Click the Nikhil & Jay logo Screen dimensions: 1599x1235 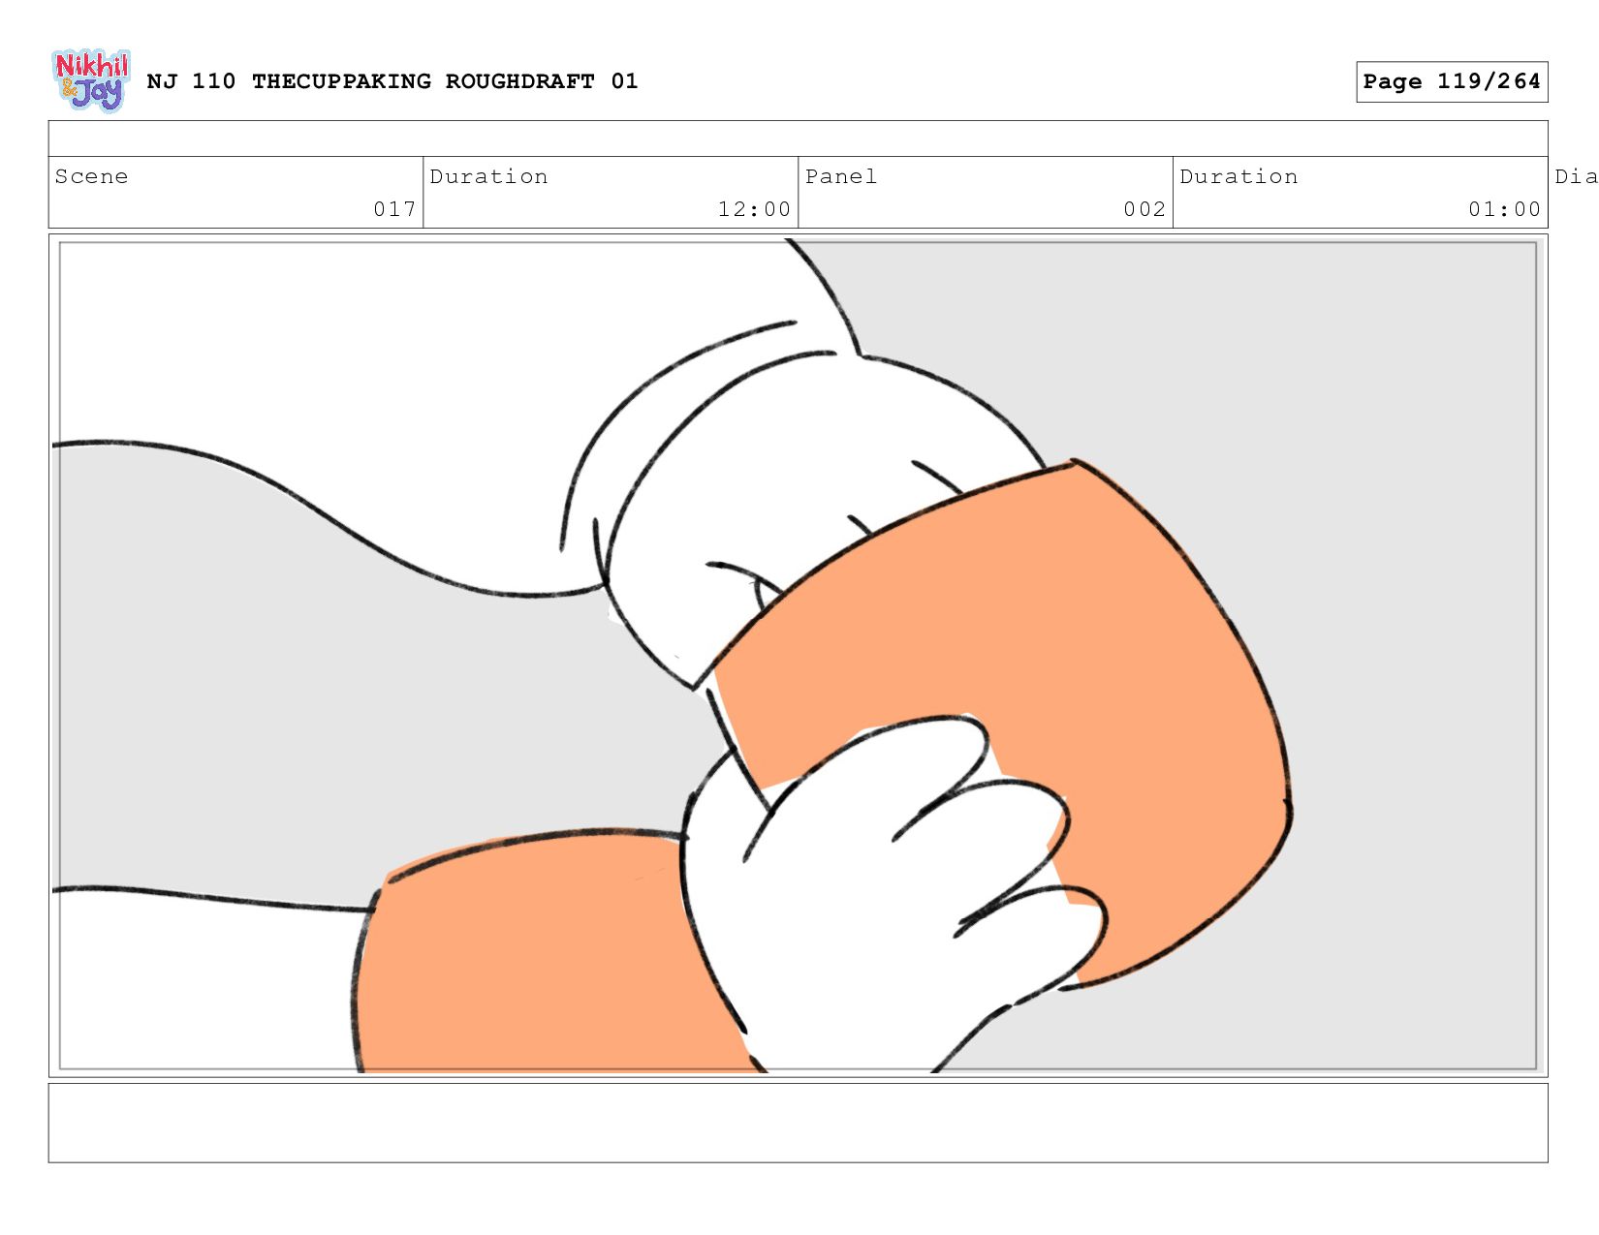91,80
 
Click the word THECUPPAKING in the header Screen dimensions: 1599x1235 341,81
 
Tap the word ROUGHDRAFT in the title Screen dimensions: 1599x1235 519,81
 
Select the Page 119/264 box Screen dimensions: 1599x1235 1451,81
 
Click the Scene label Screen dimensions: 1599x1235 91,176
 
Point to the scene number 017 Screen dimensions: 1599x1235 394,209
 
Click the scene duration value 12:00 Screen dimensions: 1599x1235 754,209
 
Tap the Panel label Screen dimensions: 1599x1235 840,176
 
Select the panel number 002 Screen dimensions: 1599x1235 1144,209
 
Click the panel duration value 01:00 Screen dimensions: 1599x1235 1504,209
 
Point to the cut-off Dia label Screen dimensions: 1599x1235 1576,176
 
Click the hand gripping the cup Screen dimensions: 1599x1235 883,882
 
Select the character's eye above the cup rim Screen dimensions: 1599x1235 766,593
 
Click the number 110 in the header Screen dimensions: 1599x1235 213,81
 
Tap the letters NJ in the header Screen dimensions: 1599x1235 161,81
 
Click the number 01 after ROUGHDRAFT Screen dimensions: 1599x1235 624,81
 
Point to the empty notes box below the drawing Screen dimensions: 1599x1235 799,1123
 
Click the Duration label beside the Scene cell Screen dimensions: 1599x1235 488,176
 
